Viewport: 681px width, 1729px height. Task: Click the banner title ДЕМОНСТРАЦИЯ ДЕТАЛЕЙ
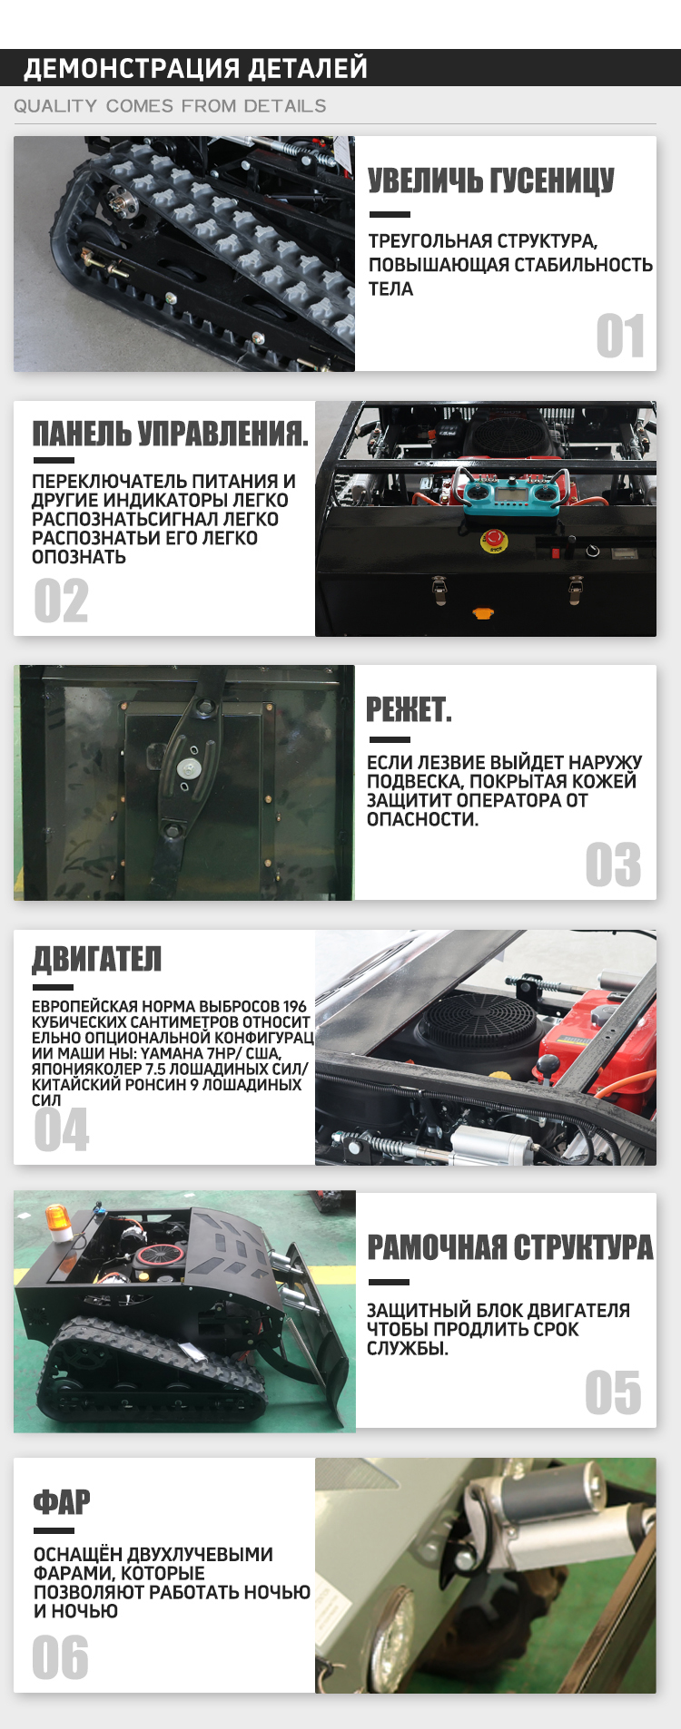click(x=195, y=68)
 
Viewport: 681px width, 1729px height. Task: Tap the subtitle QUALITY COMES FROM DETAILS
click(x=170, y=106)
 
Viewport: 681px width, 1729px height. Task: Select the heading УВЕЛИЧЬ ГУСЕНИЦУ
click(x=491, y=181)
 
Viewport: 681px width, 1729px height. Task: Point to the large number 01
click(x=620, y=337)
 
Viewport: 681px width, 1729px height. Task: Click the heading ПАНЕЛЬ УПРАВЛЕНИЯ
click(x=171, y=433)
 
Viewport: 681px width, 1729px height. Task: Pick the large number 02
click(x=61, y=601)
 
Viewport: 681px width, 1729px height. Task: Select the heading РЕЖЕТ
click(x=409, y=709)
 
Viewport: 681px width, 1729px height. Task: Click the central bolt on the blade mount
click(x=189, y=767)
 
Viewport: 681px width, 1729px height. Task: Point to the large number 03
click(x=613, y=864)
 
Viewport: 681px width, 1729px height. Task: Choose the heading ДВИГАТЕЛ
click(x=97, y=958)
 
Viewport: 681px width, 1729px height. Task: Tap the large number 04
click(x=62, y=1129)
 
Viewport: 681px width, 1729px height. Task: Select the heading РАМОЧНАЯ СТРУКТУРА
click(x=510, y=1247)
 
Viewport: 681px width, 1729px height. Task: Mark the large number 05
click(x=613, y=1392)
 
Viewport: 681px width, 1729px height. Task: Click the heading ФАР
click(x=62, y=1502)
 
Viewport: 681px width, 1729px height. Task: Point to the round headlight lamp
click(x=400, y=1656)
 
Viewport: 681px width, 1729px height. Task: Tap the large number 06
click(x=60, y=1657)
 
